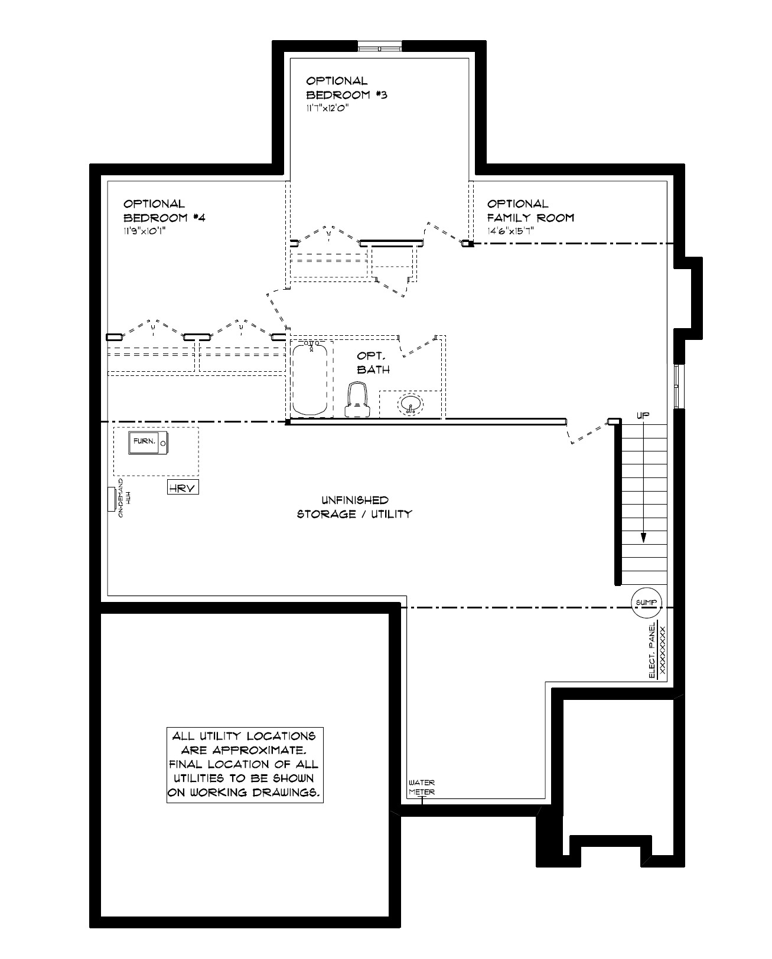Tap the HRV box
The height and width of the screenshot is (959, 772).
click(183, 487)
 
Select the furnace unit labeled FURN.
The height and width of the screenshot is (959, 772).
click(148, 443)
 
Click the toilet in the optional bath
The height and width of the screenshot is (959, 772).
click(358, 400)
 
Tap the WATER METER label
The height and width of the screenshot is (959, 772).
click(422, 787)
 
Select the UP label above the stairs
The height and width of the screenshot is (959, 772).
click(643, 415)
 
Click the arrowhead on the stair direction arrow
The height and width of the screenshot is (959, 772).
click(643, 538)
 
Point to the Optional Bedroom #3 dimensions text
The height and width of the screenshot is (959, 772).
click(327, 108)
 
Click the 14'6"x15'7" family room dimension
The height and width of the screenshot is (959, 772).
click(510, 231)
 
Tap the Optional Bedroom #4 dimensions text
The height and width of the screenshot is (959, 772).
click(145, 231)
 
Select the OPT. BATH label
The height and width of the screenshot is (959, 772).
click(373, 363)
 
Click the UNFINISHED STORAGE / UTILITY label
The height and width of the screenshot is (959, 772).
click(354, 507)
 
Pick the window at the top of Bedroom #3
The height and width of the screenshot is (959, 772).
click(380, 47)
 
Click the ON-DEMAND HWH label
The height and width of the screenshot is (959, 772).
click(123, 497)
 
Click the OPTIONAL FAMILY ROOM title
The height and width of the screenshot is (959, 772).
click(530, 211)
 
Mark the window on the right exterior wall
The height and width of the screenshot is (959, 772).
click(679, 386)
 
